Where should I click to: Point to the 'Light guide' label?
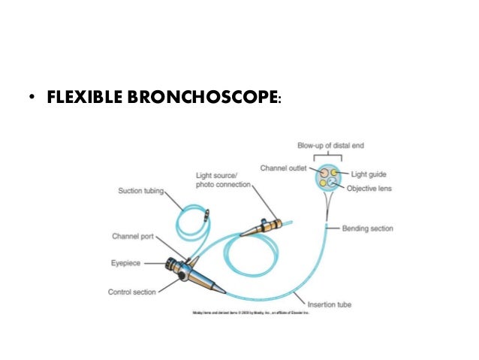point(366,174)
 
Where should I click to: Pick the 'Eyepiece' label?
point(128,263)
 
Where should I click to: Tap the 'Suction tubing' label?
point(142,190)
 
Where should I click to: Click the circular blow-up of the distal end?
point(328,178)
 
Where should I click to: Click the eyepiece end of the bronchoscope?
point(169,264)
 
